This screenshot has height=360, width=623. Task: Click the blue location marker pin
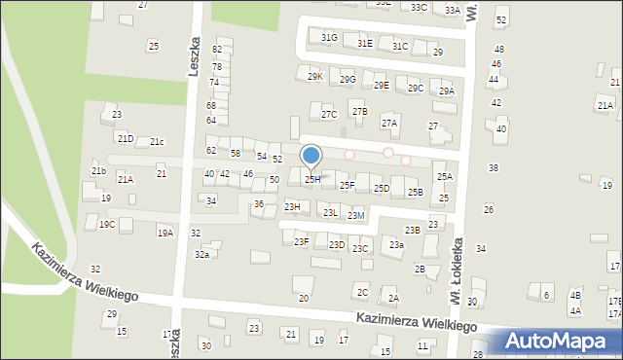(311, 156)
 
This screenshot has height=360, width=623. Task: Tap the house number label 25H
(312, 180)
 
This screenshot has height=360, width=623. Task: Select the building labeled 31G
(329, 38)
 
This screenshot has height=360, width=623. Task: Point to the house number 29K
(314, 77)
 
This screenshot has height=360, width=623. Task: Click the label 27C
(329, 115)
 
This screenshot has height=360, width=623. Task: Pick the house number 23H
(292, 207)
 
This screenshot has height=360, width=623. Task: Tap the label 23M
(356, 215)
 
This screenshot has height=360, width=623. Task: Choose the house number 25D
(382, 189)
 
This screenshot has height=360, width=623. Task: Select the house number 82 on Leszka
(217, 50)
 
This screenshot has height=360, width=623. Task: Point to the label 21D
(126, 140)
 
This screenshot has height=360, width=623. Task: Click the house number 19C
(107, 225)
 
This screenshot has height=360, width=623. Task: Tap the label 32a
(202, 255)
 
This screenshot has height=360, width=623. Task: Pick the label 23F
(302, 242)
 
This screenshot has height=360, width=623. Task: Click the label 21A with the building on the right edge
(605, 106)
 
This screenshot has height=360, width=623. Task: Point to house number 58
(236, 154)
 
